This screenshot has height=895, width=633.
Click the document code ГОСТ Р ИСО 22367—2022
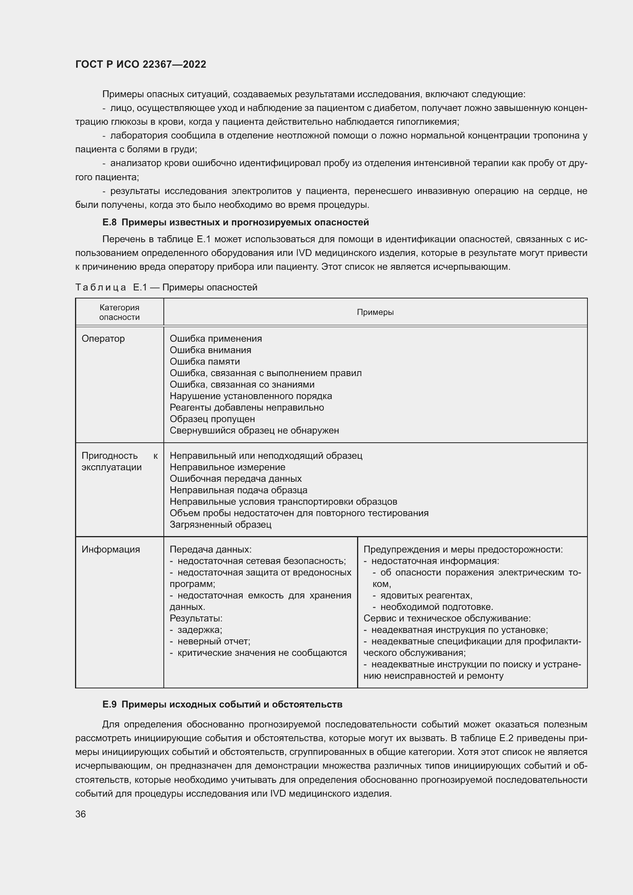pos(141,64)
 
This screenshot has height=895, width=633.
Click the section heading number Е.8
pos(109,223)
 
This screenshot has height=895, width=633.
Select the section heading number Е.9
pos(109,704)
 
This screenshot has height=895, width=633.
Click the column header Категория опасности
pos(119,312)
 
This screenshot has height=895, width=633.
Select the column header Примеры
pos(375,312)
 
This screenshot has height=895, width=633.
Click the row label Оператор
pos(103,338)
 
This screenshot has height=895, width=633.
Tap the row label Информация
pos(111,549)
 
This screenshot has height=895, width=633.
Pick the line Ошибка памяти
pos(205,361)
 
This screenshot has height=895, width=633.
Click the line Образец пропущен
pos(212,419)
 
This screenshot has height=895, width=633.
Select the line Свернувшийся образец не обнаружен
pos(254,430)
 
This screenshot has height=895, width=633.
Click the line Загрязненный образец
pos(220,524)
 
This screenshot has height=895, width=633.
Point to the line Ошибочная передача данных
pos(235,478)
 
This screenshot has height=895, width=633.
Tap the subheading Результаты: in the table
pos(196,618)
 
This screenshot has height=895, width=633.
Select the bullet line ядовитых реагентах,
pos(426,595)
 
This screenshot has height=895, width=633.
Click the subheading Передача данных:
pos(210,549)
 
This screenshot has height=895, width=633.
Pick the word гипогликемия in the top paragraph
pos(427,122)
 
